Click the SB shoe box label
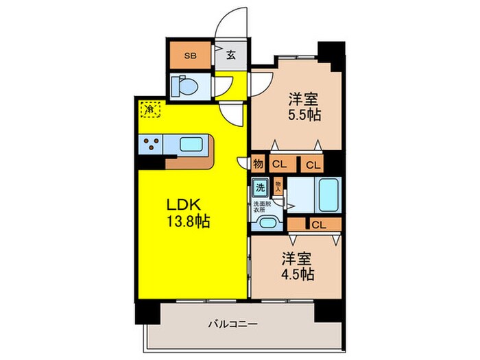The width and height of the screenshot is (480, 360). point(190,56)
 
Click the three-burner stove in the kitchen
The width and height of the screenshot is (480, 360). point(152,144)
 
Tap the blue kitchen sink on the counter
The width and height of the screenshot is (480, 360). point(192,144)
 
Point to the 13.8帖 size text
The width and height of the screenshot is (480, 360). point(187,221)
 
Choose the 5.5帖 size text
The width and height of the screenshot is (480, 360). point(300,114)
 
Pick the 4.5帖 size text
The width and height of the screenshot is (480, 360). point(297,274)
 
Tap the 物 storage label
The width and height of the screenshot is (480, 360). point(258,163)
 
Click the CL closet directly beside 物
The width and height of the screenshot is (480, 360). point(279,163)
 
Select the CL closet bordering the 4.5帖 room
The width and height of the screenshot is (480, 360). point(316,224)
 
